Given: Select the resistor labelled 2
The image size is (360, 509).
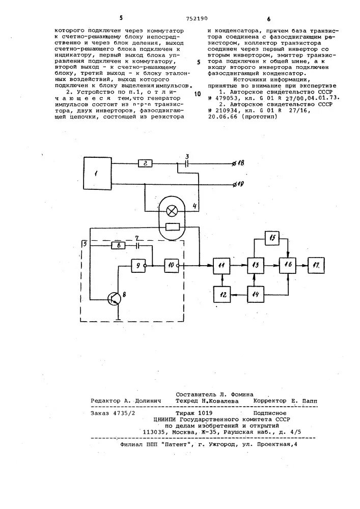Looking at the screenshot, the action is tap(145, 164).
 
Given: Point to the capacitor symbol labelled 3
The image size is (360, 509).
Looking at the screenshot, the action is tap(187, 164).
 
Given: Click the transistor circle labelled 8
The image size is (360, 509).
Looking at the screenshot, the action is tap(117, 299).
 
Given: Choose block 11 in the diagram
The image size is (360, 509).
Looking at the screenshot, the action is tap(221, 265).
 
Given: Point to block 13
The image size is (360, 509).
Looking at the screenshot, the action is tap(255, 265).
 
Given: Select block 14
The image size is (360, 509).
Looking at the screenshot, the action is tap(255, 294).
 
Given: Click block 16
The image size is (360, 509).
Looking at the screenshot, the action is tap(289, 265).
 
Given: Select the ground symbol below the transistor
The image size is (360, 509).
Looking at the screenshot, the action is tap(119, 319).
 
